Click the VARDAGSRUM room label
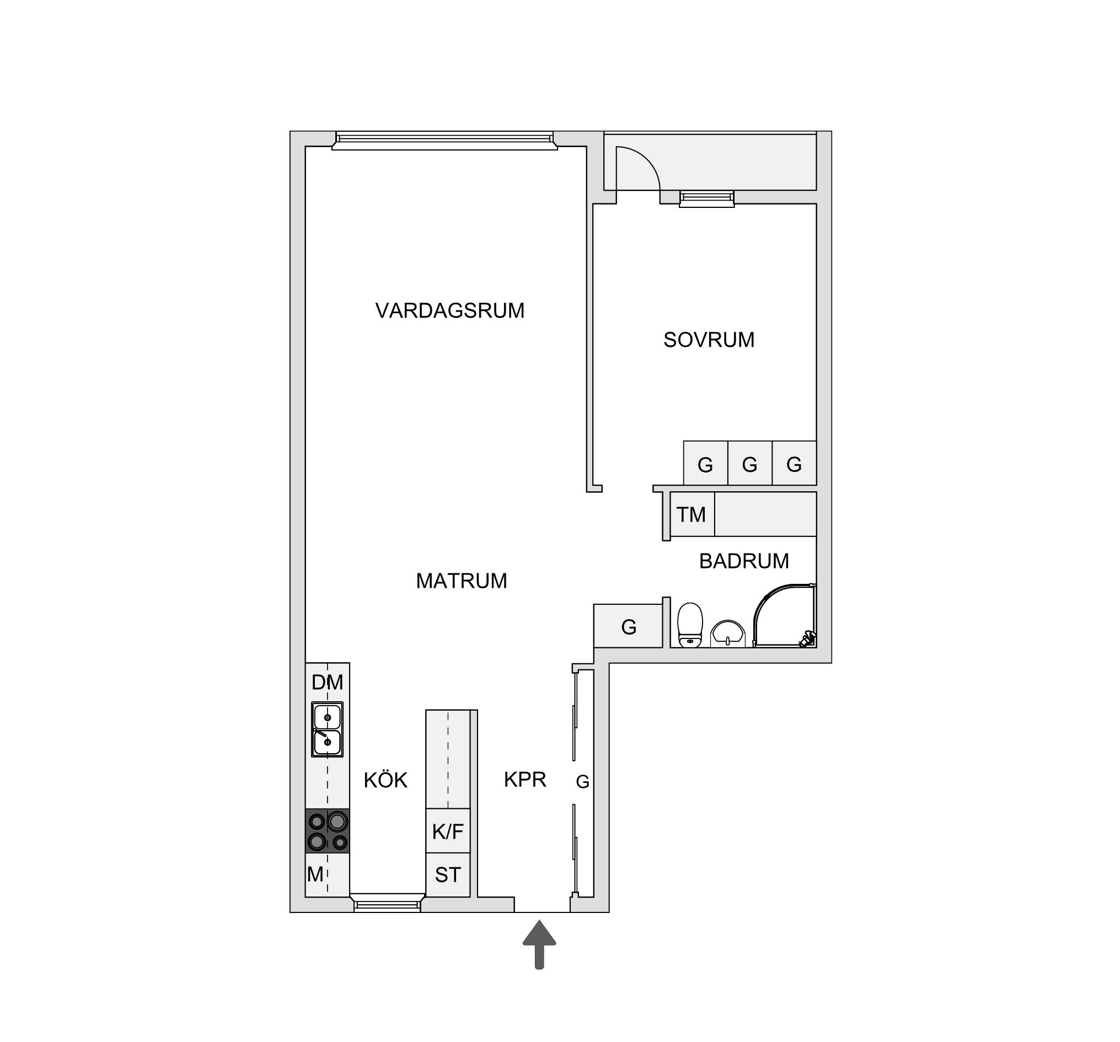[x=449, y=311]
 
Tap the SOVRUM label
[x=709, y=340]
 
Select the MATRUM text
[x=462, y=581]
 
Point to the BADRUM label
[x=744, y=561]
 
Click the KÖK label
[x=385, y=780]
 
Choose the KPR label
[x=525, y=780]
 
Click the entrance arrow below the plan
[x=539, y=953]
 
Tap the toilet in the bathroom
[x=690, y=625]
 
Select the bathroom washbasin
[x=728, y=634]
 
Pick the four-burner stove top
[x=328, y=831]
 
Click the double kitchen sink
[x=328, y=729]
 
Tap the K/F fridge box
[x=448, y=831]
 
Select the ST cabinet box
[x=448, y=875]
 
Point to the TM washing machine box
[x=693, y=514]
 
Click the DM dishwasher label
[x=328, y=683]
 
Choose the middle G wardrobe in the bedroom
[x=750, y=463]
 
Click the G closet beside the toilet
[x=628, y=626]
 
